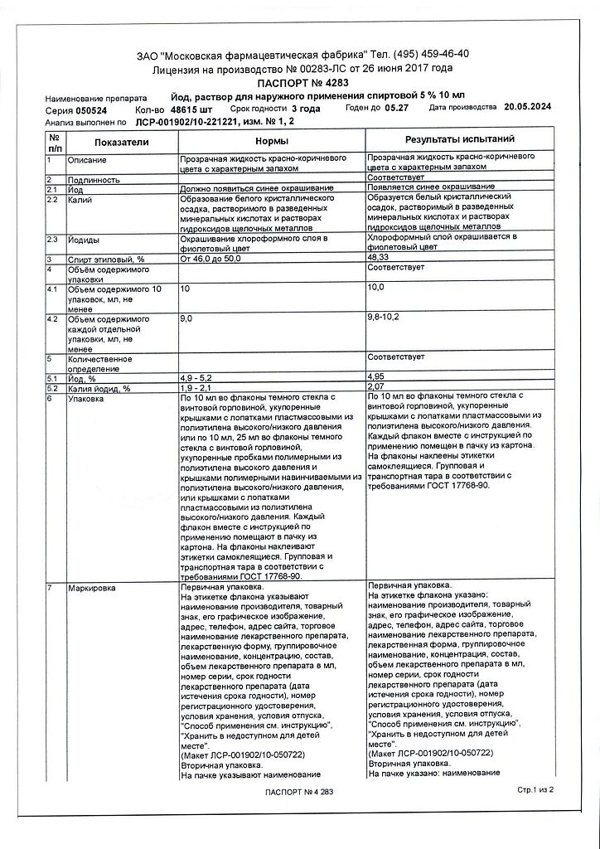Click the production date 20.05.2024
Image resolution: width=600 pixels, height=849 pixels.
click(x=527, y=108)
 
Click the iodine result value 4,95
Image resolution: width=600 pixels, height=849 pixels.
click(x=376, y=377)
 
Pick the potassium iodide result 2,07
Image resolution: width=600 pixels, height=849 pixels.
click(x=376, y=388)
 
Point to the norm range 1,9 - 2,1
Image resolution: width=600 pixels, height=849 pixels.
click(x=196, y=388)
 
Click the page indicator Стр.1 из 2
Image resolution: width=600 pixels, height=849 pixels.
click(x=534, y=791)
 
